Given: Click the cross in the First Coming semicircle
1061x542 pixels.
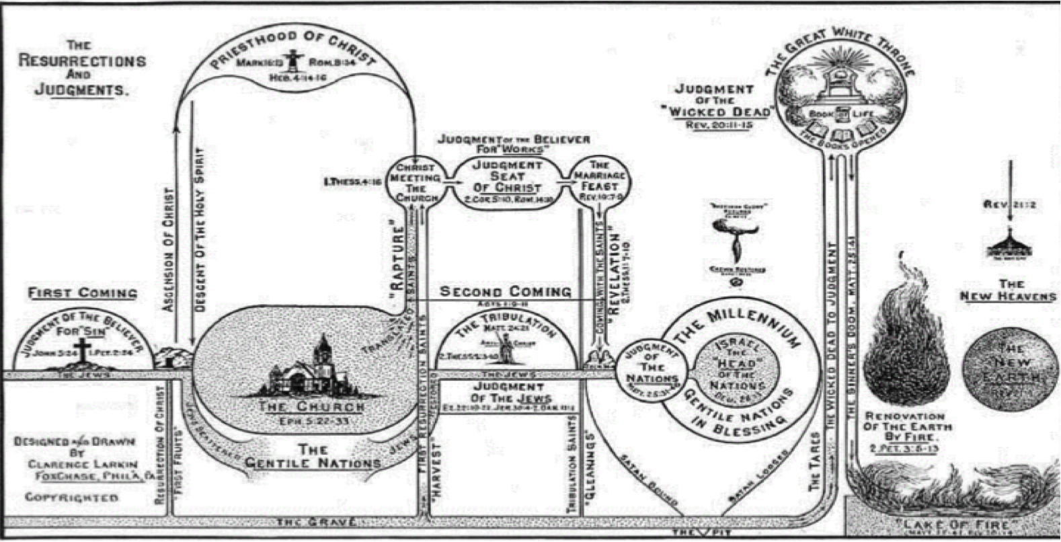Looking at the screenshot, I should (82, 350).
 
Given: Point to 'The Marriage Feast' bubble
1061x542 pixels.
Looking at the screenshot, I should (598, 180).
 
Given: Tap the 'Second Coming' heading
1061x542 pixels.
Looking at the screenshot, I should (506, 292).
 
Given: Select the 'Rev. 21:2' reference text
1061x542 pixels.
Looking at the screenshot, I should (1008, 204).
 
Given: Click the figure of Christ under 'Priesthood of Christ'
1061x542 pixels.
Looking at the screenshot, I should (292, 60).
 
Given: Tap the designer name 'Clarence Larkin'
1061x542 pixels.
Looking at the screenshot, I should (82, 464).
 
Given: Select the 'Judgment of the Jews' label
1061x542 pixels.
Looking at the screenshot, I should (508, 393).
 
